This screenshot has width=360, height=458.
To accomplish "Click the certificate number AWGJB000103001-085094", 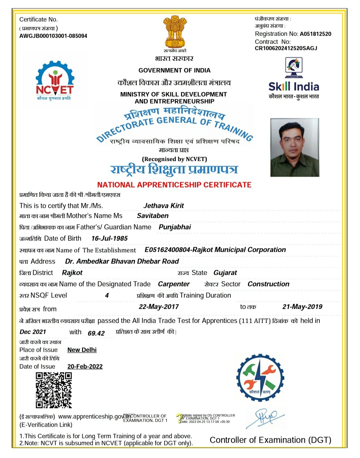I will click(53, 36).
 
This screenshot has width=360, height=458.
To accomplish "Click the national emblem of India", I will click(174, 32).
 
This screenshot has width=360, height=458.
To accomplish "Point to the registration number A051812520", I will click(315, 34).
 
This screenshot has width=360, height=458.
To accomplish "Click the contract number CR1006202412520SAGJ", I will click(286, 48).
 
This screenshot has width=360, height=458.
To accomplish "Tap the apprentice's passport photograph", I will click(295, 147).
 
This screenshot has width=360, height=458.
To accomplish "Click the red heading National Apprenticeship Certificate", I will click(174, 185).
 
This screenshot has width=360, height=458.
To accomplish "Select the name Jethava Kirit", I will click(163, 206).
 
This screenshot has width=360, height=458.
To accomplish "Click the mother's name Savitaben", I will click(153, 216).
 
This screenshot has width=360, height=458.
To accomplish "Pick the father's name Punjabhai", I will click(175, 227).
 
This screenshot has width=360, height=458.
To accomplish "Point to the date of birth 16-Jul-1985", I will click(109, 238).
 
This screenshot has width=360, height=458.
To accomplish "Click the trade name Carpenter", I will click(174, 284).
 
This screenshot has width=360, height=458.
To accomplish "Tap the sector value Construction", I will click(268, 284).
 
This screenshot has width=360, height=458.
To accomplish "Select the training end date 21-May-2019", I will click(302, 307).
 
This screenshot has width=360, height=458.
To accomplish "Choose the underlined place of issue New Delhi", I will click(82, 350).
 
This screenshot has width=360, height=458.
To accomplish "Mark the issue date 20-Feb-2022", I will click(85, 367).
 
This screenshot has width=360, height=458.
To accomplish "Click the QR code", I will click(54, 390).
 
